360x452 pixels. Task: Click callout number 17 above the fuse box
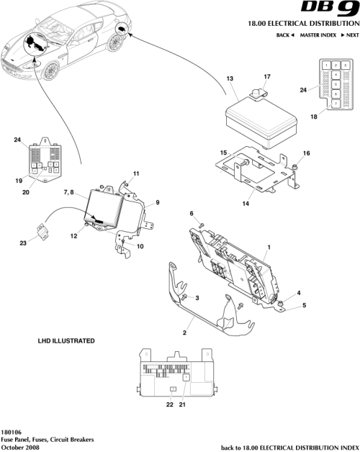tap(266, 76)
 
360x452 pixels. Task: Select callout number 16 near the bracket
tap(305, 153)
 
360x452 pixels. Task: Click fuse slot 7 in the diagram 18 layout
tap(336, 103)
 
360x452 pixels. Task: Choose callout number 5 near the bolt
tap(302, 305)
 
